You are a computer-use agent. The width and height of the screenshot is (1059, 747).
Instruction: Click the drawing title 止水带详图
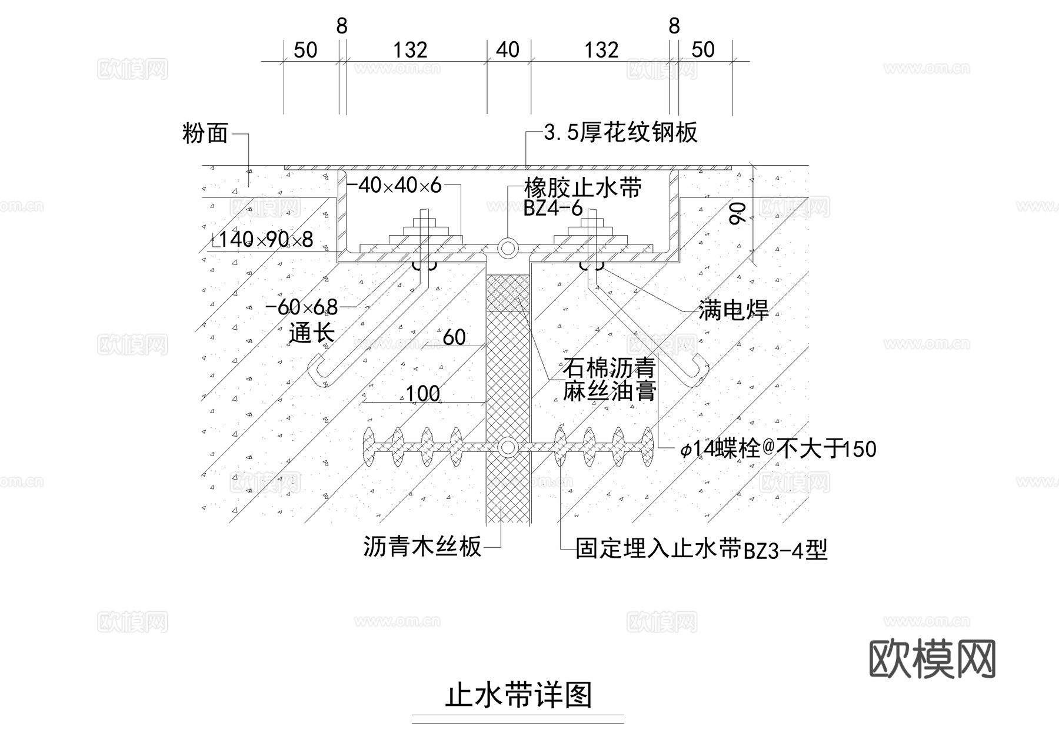518,695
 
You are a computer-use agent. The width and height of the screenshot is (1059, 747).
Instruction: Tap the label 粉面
205,134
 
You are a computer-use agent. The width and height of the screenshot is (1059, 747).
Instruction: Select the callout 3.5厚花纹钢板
621,132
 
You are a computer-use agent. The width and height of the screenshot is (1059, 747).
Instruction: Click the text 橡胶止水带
582,189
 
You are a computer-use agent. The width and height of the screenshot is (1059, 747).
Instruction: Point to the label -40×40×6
394,186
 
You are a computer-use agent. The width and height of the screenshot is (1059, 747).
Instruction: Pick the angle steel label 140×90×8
263,240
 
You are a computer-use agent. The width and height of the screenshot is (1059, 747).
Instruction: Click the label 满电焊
733,310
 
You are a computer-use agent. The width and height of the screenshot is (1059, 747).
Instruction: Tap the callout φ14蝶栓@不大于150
778,450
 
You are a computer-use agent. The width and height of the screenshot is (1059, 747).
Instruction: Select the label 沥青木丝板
422,547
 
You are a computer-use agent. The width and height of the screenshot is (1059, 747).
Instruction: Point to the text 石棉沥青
609,369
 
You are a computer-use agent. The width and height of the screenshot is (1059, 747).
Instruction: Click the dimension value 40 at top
508,50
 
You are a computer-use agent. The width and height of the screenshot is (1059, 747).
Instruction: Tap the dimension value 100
423,393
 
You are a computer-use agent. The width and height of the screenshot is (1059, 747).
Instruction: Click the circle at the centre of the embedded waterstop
507,448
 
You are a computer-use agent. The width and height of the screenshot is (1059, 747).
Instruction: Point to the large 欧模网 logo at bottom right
932,659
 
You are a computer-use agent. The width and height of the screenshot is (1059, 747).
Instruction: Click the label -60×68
302,307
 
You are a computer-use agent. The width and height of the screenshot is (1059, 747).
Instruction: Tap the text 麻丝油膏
609,391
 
